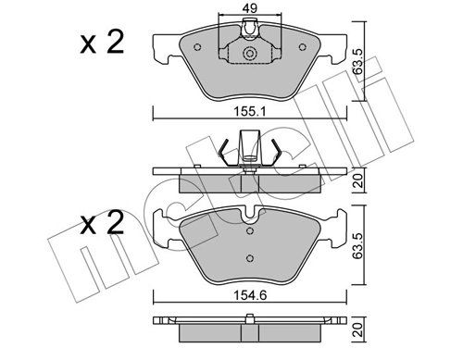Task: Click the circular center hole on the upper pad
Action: coord(247,55)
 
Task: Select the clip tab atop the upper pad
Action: coord(247,34)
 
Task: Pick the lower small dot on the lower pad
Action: coord(248,258)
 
